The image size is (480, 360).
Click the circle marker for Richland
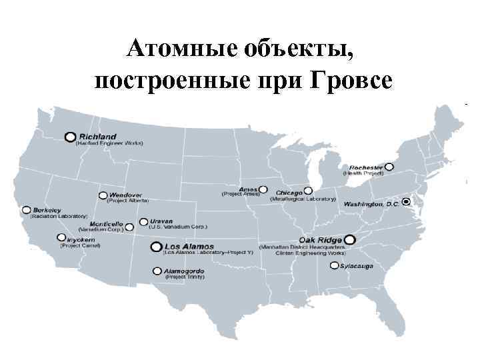click(70, 136)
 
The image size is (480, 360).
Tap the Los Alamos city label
click(183, 247)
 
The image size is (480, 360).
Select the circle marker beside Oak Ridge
click(349, 239)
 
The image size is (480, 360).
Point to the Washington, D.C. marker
click(407, 201)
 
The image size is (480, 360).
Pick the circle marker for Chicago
click(307, 190)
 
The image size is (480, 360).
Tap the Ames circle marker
click(263, 189)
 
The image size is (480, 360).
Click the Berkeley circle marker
click(26, 208)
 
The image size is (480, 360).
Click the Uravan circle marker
click(143, 221)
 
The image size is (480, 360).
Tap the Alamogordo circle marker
click(157, 271)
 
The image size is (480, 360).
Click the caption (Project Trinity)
click(185, 277)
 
